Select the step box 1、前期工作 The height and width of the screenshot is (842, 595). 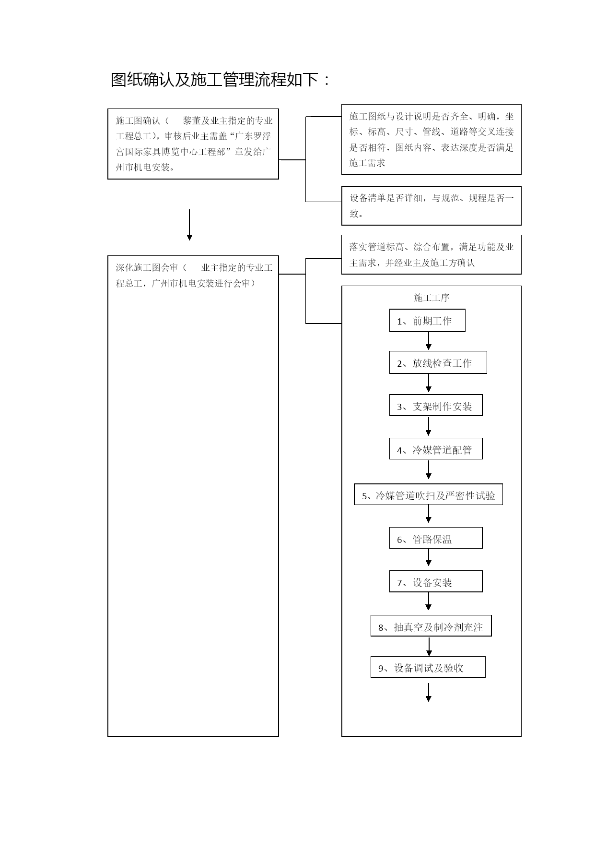pos(427,321)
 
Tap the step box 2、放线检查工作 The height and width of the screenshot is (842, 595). pos(438,362)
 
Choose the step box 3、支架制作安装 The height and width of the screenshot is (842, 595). pos(436,406)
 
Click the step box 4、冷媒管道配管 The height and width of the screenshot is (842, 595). pos(436,449)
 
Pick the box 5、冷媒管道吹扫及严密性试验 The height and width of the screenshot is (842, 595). pos(428,494)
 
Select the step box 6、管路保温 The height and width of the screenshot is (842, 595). pos(436,538)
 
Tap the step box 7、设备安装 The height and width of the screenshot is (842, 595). pos(436,581)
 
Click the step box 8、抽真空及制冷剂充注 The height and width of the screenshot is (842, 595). pos(431,626)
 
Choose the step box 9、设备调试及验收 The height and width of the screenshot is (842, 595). pos(428,667)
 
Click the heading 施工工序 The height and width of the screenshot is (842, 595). pos(432,298)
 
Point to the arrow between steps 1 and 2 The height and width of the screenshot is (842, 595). pos(429,341)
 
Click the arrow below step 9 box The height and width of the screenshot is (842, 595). pos(429,692)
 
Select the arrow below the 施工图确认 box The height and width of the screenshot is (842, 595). pos(189,225)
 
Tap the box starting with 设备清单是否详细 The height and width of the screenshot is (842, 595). pos(432,205)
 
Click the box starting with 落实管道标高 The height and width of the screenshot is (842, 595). pos(432,254)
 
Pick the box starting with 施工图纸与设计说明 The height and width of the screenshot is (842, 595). pos(432,139)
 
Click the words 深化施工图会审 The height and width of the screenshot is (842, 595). pos(147,267)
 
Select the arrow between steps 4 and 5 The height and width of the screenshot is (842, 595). pos(429,469)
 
